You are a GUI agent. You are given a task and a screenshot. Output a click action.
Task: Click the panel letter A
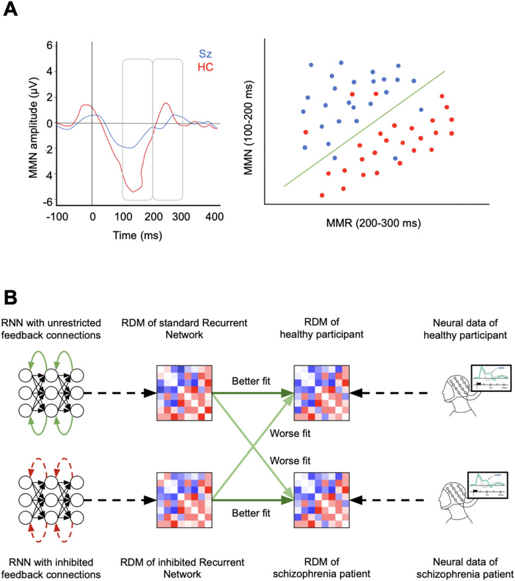(11, 11)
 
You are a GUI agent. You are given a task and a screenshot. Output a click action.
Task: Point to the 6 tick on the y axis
(48, 46)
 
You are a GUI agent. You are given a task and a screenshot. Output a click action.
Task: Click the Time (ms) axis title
(138, 235)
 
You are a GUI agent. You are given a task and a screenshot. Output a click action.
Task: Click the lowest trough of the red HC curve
(135, 192)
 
